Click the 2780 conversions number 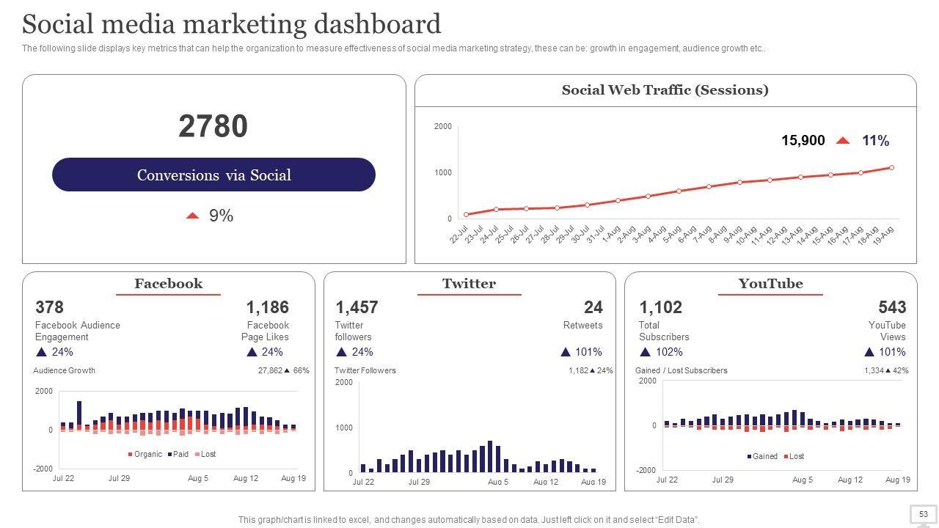click(x=213, y=126)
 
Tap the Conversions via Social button click(x=213, y=175)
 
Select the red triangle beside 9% click(x=193, y=216)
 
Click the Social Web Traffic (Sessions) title click(x=665, y=90)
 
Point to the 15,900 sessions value click(x=803, y=140)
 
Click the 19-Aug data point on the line click(x=891, y=168)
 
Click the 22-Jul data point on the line click(x=467, y=215)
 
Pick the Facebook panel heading click(x=168, y=284)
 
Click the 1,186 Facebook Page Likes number click(x=267, y=307)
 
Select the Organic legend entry click(x=145, y=455)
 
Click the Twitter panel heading click(x=469, y=284)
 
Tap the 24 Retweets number click(x=593, y=307)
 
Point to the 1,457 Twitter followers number click(x=357, y=307)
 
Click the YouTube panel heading click(x=770, y=284)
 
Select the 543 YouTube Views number click(x=891, y=307)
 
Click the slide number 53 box click(x=923, y=514)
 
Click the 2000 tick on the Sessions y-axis click(x=443, y=126)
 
